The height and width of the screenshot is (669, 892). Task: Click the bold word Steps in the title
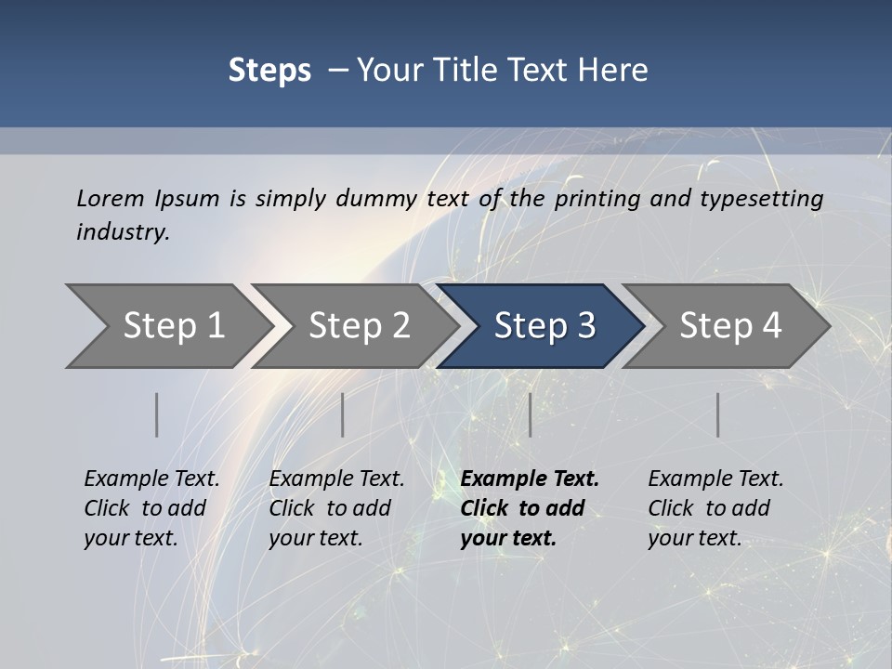(269, 71)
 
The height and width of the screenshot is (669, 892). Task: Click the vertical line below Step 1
(156, 414)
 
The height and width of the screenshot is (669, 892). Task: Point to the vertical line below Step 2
(343, 414)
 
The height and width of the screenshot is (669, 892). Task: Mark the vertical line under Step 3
(530, 414)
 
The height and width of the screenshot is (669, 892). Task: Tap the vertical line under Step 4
(717, 414)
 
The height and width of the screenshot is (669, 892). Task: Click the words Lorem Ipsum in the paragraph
(148, 198)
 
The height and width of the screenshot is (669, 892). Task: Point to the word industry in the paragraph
(122, 232)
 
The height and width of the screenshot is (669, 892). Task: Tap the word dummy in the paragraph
(376, 198)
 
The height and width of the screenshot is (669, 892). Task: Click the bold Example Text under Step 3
(530, 479)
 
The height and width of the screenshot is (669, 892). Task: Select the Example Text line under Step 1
(151, 479)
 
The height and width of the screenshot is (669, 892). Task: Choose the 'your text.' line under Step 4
(694, 538)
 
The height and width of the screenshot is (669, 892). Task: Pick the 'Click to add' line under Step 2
(330, 508)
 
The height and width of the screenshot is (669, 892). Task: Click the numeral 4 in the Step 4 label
(771, 325)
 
